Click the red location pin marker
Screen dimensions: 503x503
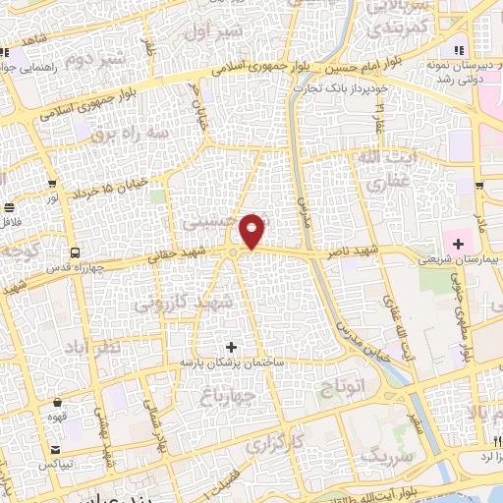252,231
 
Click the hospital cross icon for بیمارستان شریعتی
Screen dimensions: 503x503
459,242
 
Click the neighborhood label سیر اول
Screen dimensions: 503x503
218,31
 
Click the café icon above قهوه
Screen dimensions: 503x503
57,403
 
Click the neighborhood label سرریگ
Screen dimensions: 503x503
383,456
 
